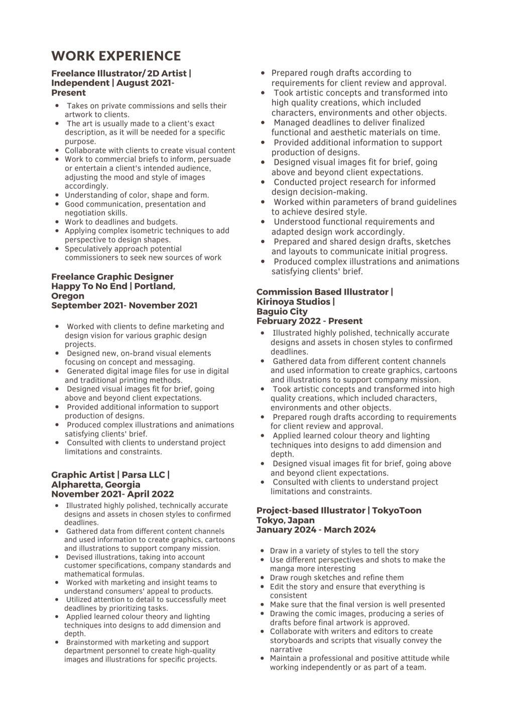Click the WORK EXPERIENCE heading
click(116, 56)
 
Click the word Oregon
click(68, 296)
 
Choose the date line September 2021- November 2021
click(124, 305)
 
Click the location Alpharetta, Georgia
click(95, 484)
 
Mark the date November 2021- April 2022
click(112, 494)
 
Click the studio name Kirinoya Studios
click(294, 301)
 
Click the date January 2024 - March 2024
click(316, 530)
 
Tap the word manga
click(282, 569)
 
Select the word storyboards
click(290, 641)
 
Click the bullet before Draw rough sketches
click(264, 578)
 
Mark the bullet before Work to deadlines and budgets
click(58, 222)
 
